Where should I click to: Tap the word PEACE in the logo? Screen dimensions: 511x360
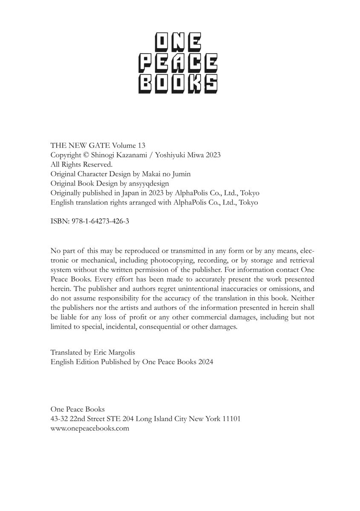[178, 64]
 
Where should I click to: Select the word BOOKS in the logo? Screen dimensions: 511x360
[178, 84]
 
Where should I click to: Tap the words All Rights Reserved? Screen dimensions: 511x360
[81, 164]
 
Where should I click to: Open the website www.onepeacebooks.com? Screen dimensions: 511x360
[89, 428]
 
